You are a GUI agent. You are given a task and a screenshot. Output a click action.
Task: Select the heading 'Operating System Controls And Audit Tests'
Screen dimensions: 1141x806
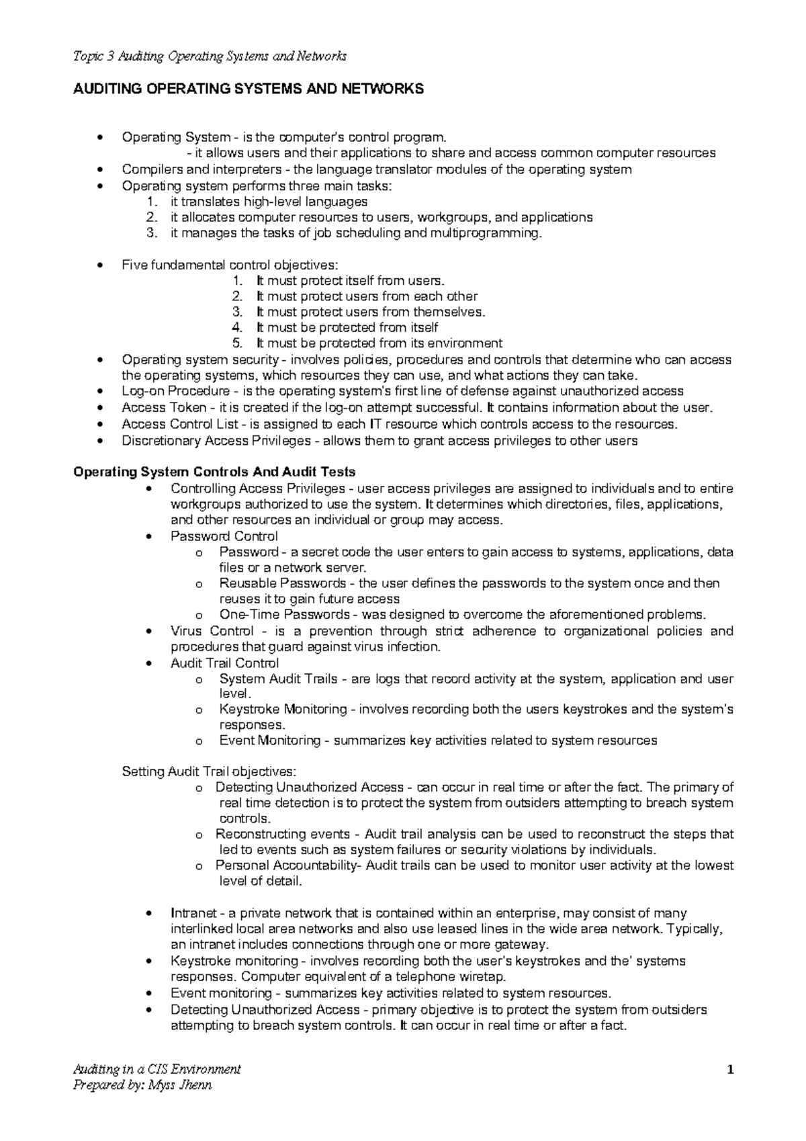click(214, 472)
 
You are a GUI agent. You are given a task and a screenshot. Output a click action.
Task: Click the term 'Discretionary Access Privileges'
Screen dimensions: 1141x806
click(216, 441)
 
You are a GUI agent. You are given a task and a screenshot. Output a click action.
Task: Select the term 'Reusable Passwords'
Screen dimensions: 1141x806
click(283, 583)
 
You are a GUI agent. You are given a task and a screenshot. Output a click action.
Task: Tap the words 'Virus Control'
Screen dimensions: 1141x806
click(212, 631)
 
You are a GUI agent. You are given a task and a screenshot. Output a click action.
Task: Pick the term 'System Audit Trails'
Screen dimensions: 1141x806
click(278, 679)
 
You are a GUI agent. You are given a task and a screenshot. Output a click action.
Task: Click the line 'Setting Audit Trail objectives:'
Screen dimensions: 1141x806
click(208, 771)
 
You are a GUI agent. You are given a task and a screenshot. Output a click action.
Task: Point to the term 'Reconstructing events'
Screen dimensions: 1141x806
click(282, 835)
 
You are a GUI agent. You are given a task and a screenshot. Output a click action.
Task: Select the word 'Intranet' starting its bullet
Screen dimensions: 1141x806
click(193, 913)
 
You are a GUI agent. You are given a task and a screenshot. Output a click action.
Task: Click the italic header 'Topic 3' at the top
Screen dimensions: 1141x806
click(93, 56)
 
